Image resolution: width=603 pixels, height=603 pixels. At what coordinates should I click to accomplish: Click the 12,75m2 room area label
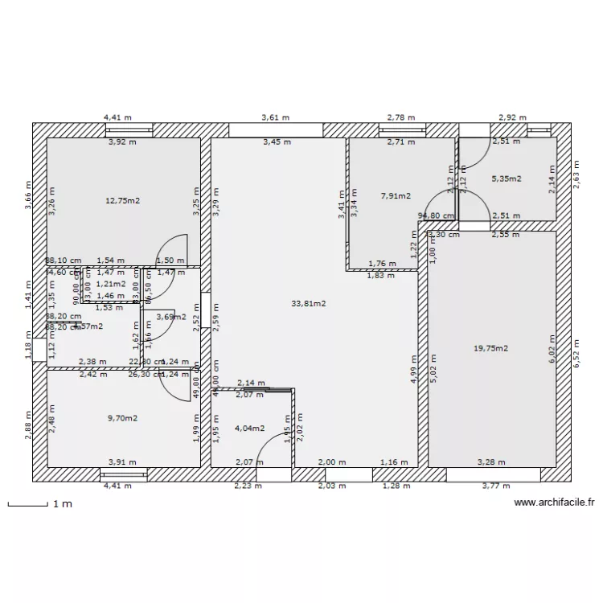pos(123,201)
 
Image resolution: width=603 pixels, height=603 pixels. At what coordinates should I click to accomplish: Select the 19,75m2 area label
pos(490,348)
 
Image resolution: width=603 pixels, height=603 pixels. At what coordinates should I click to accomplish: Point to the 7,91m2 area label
pos(395,195)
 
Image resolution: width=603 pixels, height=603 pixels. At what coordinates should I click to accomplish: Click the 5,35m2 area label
pos(506,178)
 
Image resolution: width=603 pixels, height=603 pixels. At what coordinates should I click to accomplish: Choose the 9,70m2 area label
pos(122,418)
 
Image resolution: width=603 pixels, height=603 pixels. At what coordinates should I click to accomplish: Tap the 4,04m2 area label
pos(249,428)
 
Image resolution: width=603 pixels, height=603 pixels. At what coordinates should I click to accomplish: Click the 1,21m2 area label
pos(110,284)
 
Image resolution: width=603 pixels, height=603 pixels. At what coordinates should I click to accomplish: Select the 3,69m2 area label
pos(170,317)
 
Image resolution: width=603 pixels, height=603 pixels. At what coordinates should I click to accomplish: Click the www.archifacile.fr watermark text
pos(554,503)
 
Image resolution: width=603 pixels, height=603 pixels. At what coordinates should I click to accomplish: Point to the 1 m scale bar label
pos(62,504)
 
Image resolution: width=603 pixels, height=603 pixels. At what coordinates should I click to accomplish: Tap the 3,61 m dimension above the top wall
pos(276,117)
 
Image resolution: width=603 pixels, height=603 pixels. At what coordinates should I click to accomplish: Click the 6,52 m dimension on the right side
pos(576,352)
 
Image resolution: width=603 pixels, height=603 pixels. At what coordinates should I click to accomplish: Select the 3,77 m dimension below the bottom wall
pos(495,486)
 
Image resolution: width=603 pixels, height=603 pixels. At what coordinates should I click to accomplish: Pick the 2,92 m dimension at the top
pos(512,117)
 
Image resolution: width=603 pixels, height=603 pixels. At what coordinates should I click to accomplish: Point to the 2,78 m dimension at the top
pos(401,117)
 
